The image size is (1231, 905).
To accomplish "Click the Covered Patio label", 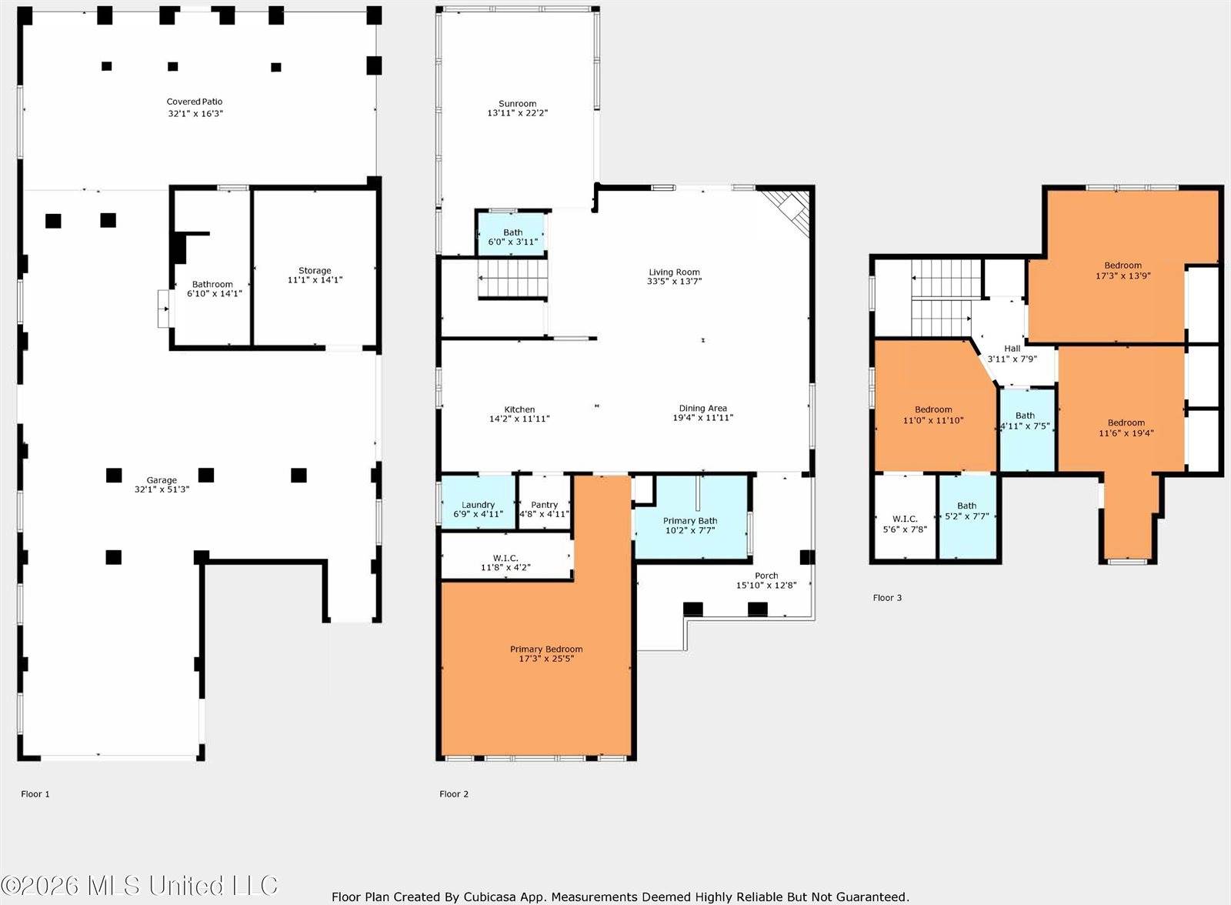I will click(x=195, y=102).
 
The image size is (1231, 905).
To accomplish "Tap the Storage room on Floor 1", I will click(x=315, y=275).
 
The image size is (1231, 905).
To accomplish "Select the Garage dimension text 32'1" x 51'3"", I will click(x=162, y=489).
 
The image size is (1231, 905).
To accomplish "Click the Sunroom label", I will click(x=517, y=103).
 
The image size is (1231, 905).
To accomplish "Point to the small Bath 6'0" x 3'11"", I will click(x=512, y=236).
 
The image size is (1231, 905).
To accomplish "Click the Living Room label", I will click(x=674, y=272).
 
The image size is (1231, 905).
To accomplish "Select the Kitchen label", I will click(x=519, y=409).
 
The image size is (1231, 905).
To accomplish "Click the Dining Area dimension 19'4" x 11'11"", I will click(x=702, y=418).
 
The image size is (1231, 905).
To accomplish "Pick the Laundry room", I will click(x=478, y=509).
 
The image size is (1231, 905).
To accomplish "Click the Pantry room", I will click(x=544, y=509).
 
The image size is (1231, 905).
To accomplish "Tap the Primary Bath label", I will click(x=690, y=521).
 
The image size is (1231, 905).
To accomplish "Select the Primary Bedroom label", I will click(x=546, y=649).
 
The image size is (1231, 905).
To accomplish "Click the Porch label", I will click(x=766, y=576).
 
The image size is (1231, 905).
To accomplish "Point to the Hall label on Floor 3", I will click(x=1012, y=349).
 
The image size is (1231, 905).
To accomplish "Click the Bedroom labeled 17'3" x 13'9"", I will click(x=1123, y=270).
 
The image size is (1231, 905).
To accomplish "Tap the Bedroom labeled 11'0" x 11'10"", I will click(x=932, y=415).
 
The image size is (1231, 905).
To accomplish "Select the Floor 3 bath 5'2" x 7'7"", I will click(x=966, y=511).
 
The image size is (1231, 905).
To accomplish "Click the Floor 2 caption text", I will click(x=454, y=793).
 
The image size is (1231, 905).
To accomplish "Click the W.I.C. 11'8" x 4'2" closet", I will click(x=505, y=563).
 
